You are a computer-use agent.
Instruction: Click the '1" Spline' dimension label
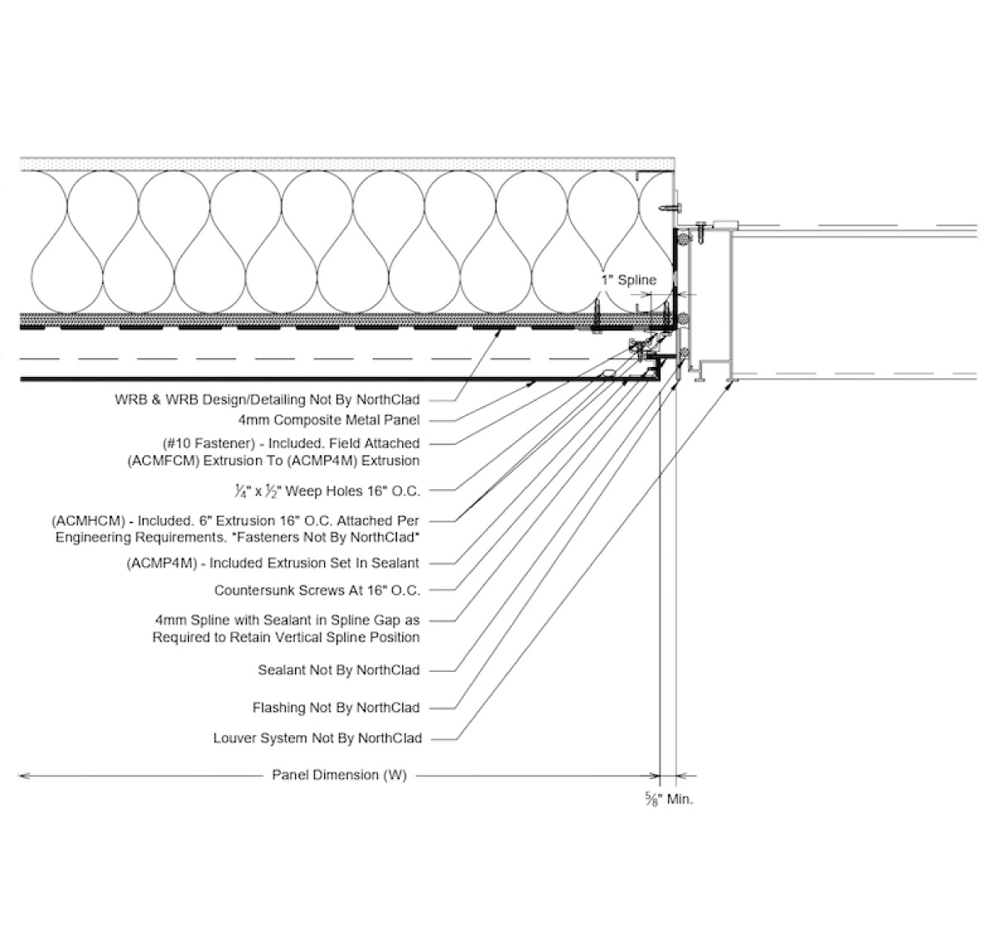pyautogui.click(x=629, y=280)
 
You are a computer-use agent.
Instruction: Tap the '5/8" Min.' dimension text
pyautogui.click(x=669, y=800)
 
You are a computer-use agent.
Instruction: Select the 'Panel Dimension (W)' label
pyautogui.click(x=339, y=776)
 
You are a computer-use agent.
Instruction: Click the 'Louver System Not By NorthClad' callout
pyautogui.click(x=317, y=737)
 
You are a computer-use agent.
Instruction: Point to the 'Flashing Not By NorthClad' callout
pyautogui.click(x=336, y=708)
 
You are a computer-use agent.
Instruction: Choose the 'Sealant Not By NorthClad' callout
pyautogui.click(x=339, y=670)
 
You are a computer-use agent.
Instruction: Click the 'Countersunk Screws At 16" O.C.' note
pyautogui.click(x=317, y=590)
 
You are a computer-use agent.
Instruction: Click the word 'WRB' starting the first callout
pyautogui.click(x=130, y=399)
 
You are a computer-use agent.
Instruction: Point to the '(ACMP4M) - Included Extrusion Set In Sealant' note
pyautogui.click(x=273, y=563)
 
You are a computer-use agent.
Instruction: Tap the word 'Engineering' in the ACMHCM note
pyautogui.click(x=93, y=537)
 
